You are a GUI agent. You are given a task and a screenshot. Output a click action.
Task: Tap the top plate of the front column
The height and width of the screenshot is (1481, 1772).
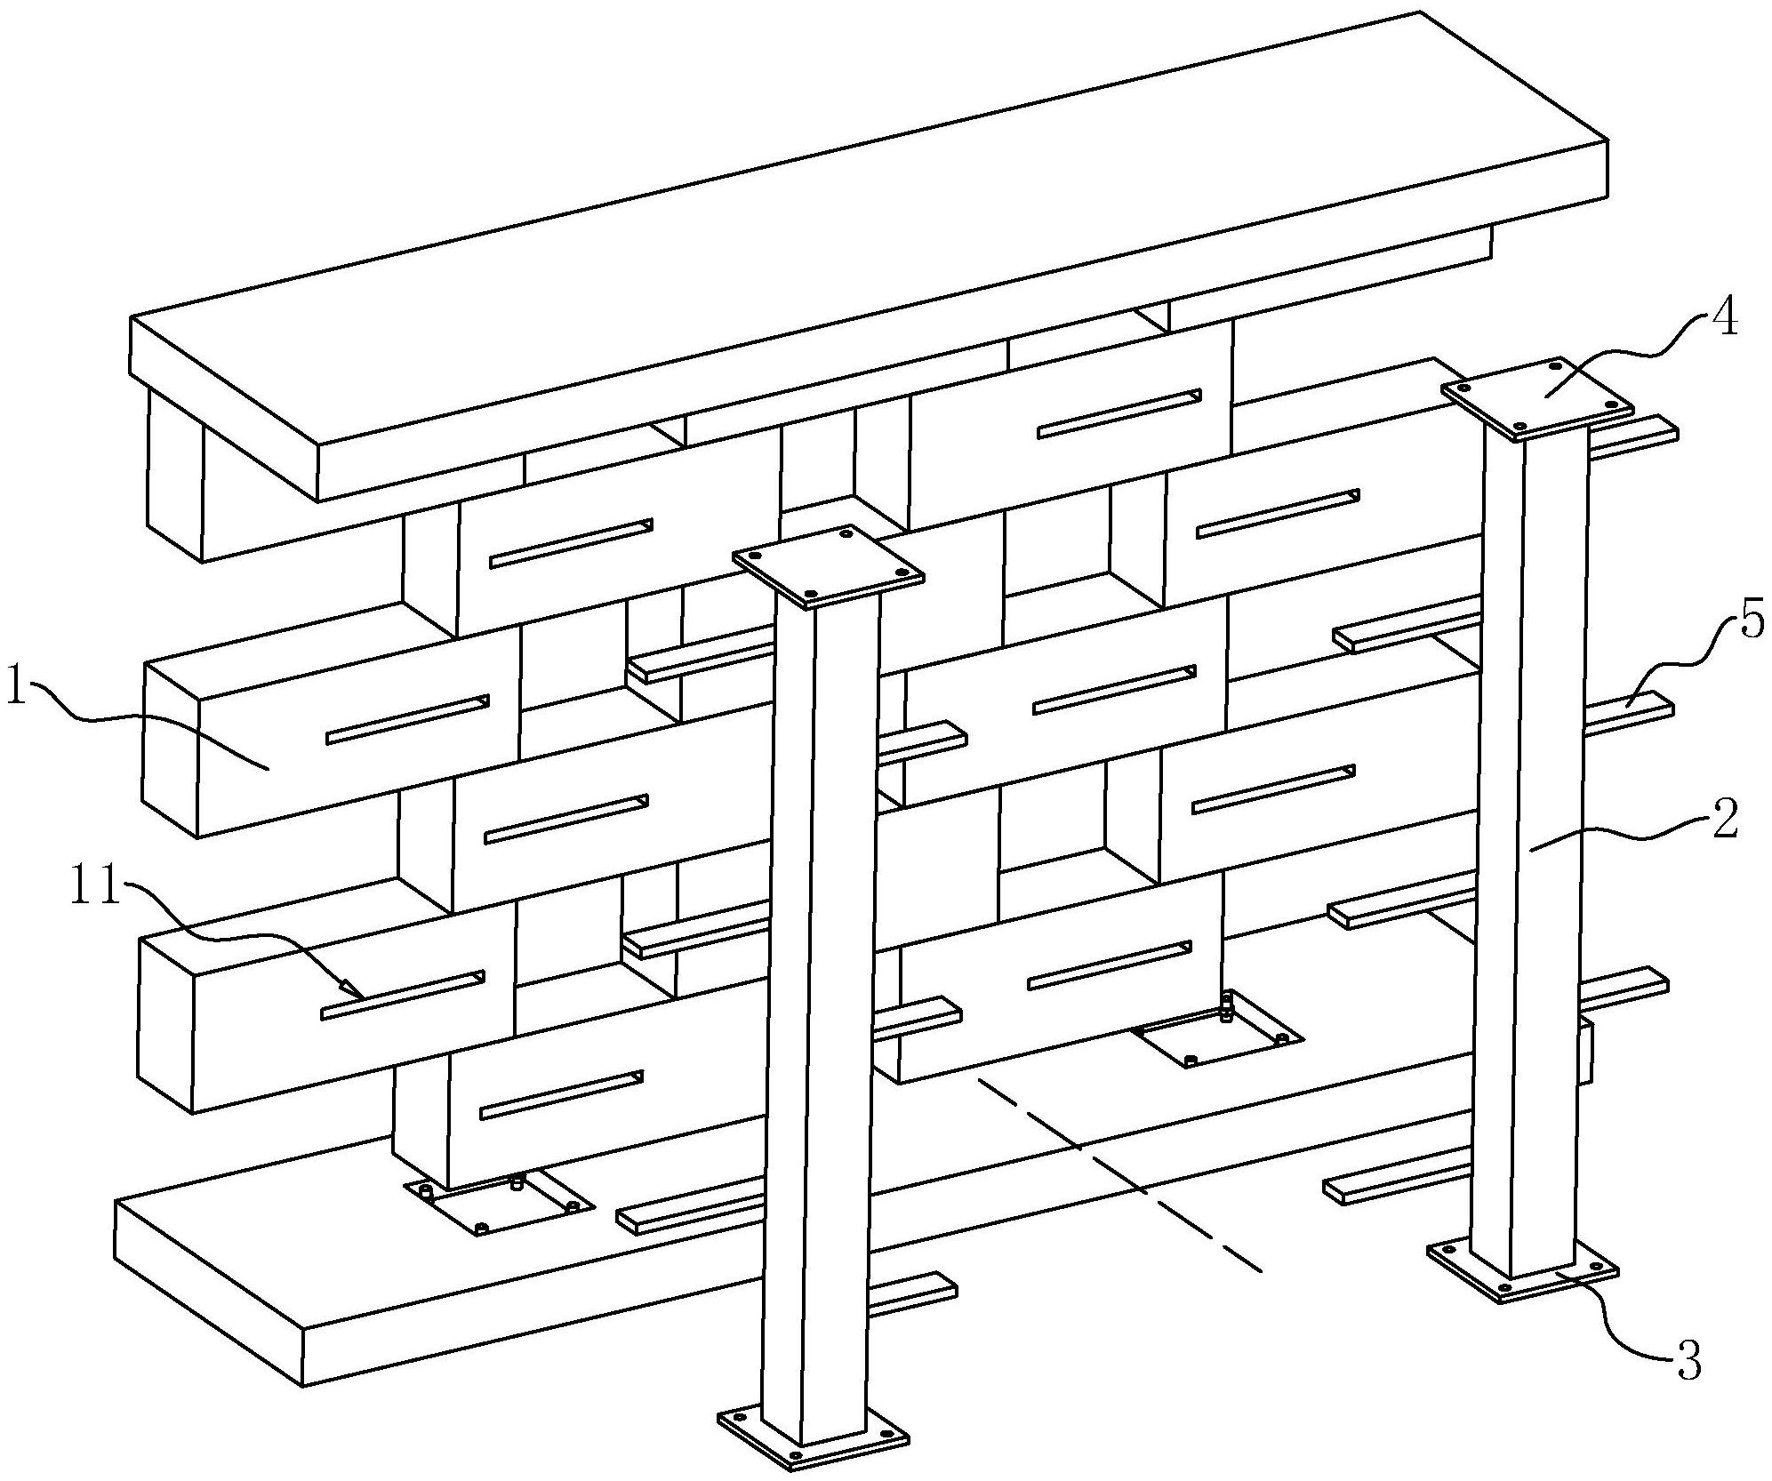click(828, 567)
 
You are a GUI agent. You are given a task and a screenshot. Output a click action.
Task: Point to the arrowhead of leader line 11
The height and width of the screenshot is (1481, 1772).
click(352, 988)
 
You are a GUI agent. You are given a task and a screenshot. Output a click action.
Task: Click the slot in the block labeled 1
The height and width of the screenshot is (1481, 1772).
click(408, 719)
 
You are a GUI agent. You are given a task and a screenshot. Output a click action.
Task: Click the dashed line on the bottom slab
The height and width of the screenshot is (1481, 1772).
click(1119, 1175)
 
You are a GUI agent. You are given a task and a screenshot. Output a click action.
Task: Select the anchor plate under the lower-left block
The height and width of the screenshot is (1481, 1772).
click(499, 1203)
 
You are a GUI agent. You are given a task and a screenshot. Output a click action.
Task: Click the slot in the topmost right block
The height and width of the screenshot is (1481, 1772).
click(1119, 414)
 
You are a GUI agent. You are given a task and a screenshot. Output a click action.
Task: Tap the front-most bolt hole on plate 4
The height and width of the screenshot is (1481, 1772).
click(1519, 427)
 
